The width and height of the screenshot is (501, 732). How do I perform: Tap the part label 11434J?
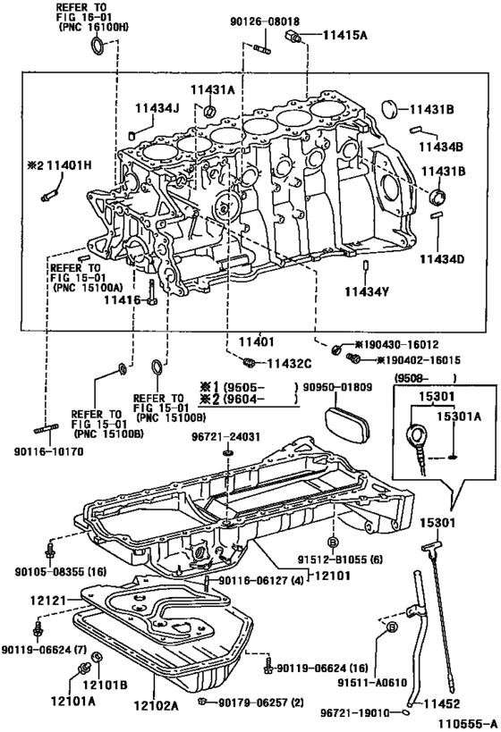click(157, 109)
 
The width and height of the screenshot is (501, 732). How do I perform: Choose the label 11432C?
click(288, 363)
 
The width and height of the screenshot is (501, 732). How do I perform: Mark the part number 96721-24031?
click(228, 438)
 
